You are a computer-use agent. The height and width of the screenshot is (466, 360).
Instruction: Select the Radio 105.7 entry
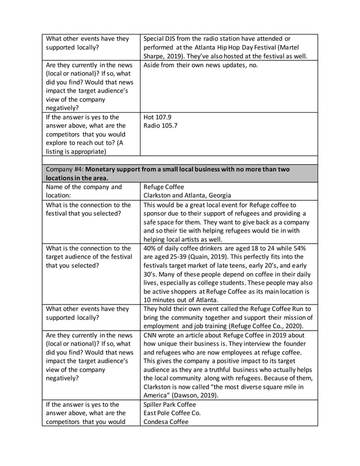[160, 126]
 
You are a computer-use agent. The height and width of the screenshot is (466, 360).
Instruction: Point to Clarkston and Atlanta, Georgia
[187, 195]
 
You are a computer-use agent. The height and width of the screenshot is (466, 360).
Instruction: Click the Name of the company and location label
[84, 191]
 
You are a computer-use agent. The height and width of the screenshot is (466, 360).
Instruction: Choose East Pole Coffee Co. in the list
[172, 413]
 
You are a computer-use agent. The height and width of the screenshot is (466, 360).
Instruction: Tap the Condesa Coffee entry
[166, 421]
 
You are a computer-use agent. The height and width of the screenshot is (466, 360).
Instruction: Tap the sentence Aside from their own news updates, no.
[201, 65]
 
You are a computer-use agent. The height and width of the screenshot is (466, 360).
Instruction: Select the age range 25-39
[176, 257]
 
